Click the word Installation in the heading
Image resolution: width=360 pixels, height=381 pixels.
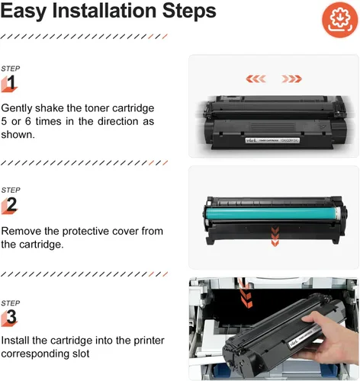[x=104, y=11]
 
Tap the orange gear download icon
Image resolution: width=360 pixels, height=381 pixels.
[x=340, y=20]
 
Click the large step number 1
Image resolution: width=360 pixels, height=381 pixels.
[x=11, y=82]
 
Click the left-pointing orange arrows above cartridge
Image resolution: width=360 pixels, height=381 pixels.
[x=256, y=78]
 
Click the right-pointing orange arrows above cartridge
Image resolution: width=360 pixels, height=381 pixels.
[x=291, y=78]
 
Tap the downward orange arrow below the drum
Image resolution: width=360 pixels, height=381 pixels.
[x=275, y=236]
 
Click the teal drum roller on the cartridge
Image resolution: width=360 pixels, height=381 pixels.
[x=272, y=213]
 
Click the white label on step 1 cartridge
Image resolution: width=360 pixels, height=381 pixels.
[x=272, y=140]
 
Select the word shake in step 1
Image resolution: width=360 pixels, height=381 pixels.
[x=50, y=108]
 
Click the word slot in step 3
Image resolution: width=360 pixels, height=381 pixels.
[x=81, y=354]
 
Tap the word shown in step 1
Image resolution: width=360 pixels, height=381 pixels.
[x=18, y=135]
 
